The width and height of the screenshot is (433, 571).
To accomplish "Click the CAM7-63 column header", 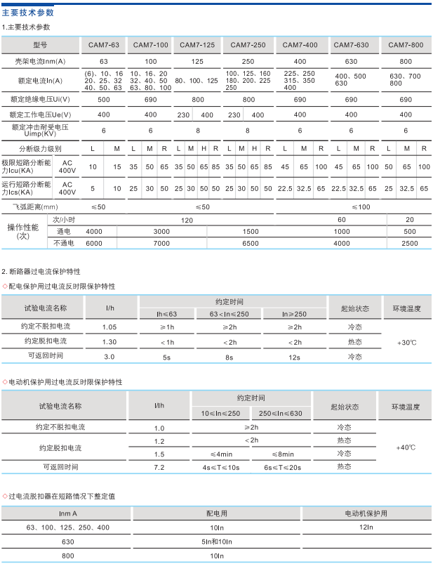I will click(103, 45).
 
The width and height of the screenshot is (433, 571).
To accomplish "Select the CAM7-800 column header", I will click(406, 45).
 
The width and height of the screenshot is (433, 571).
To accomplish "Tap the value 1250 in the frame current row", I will click(197, 62).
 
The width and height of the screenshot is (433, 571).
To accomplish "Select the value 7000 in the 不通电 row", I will click(161, 243).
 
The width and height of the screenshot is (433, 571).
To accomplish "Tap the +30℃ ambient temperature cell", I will click(406, 342).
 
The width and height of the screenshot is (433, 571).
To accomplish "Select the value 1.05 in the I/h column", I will click(109, 327).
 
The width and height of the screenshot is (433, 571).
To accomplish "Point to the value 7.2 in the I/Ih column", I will click(159, 467).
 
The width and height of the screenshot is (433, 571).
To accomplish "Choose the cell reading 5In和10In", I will click(217, 542).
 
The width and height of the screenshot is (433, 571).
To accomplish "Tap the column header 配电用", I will click(217, 513).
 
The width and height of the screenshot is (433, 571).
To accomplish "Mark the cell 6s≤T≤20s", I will click(282, 467).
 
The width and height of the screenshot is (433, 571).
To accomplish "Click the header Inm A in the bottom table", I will click(68, 513).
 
